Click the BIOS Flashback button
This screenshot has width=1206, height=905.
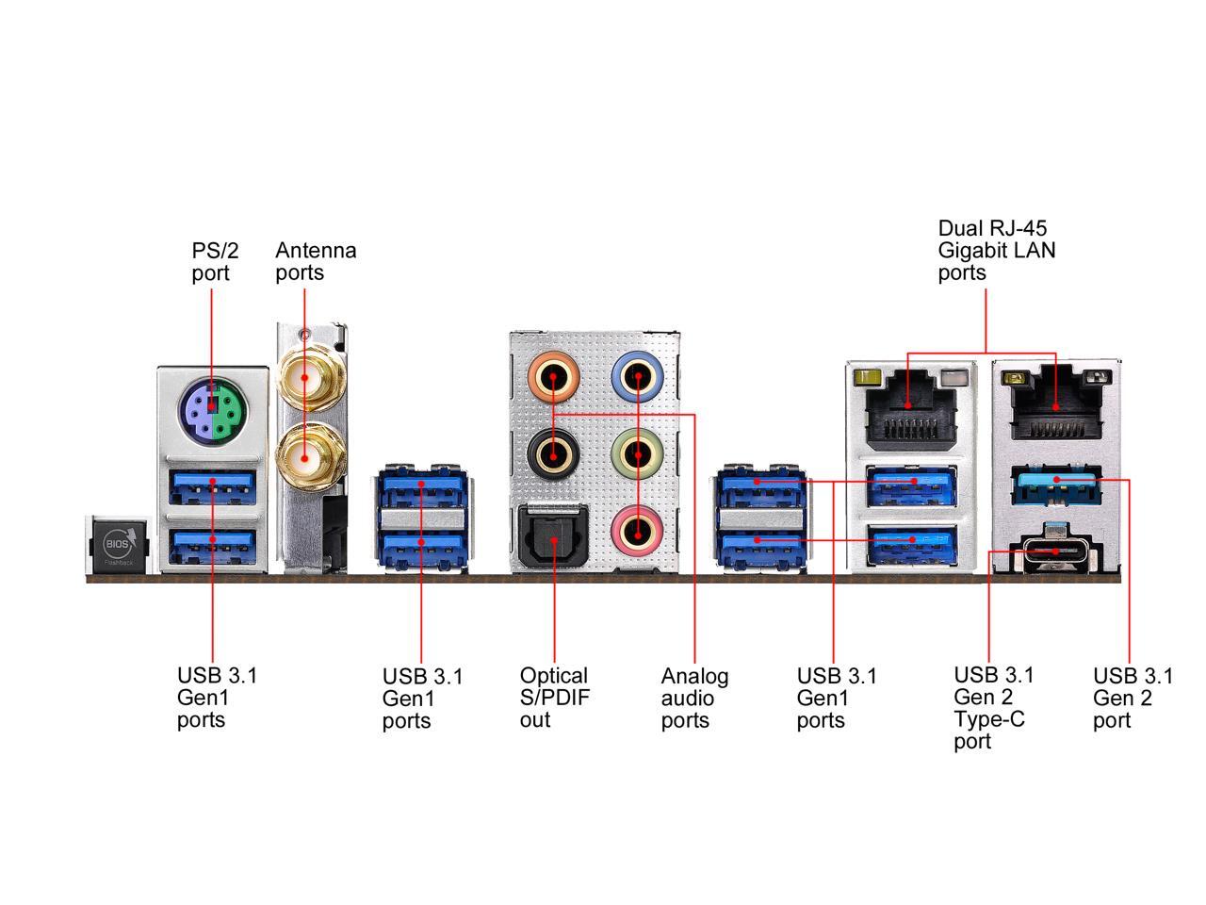pyautogui.click(x=118, y=544)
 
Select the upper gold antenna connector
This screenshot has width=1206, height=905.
pyautogui.click(x=305, y=377)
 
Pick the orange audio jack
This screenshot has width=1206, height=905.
pyautogui.click(x=553, y=377)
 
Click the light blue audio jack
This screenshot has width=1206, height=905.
pyautogui.click(x=637, y=377)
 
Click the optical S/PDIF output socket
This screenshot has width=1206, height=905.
pyautogui.click(x=553, y=535)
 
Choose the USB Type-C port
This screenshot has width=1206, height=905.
pyautogui.click(x=1055, y=551)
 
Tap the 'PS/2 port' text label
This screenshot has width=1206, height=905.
pyautogui.click(x=215, y=261)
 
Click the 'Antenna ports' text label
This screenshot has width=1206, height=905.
pyautogui.click(x=316, y=261)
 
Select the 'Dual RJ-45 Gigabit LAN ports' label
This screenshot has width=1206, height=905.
pyautogui.click(x=997, y=251)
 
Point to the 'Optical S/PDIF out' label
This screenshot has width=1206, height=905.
pyautogui.click(x=554, y=698)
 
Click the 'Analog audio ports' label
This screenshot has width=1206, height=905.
pyautogui.click(x=694, y=698)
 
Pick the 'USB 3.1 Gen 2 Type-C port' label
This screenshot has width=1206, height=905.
pyautogui.click(x=993, y=708)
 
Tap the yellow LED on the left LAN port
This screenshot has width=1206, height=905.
pyautogui.click(x=868, y=377)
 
